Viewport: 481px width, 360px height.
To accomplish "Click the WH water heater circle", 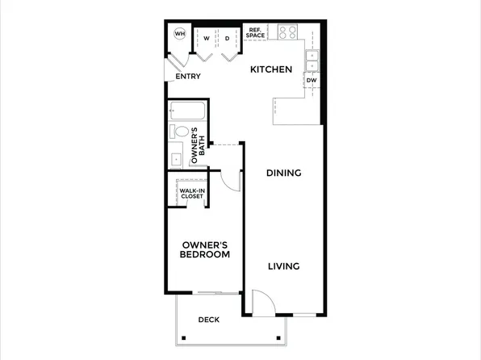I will coord(179,34).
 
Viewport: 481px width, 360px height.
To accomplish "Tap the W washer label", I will coord(207,38).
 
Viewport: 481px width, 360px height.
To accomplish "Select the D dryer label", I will coord(228,38).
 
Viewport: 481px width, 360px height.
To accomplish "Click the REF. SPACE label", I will coord(256,32).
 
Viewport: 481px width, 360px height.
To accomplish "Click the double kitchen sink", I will coord(312,60).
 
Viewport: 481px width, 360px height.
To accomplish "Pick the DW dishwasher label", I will coord(312,80).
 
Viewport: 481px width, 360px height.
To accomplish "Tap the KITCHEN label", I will coord(270,69).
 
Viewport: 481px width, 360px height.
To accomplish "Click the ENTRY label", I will coord(188,77).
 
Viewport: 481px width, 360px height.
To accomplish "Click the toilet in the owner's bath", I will coord(180,131).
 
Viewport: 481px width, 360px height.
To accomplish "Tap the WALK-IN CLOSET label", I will coord(191,193).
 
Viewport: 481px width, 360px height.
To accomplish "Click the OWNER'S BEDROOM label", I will coord(205,249).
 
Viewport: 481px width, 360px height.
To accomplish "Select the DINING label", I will coord(283,173).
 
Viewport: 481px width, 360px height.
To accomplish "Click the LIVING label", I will coord(283,266).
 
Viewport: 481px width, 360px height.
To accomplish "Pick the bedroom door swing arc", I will coord(232,181).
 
